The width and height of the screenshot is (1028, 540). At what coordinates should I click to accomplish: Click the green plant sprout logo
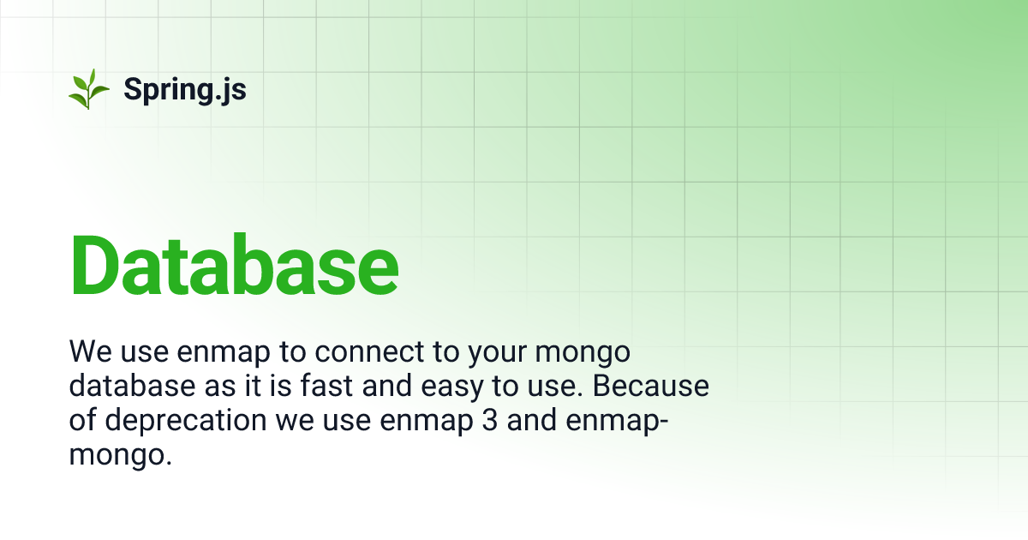point(88,89)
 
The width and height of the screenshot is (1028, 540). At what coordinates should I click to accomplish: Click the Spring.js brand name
point(185,89)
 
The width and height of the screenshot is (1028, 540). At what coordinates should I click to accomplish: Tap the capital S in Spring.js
point(133,88)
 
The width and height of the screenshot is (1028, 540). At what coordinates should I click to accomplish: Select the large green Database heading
point(234,264)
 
